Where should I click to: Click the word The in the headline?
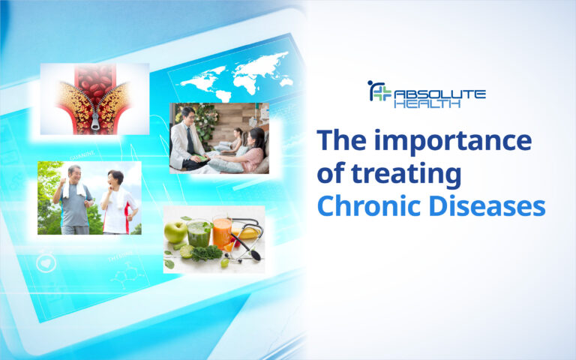343,142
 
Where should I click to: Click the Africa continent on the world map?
241,73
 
